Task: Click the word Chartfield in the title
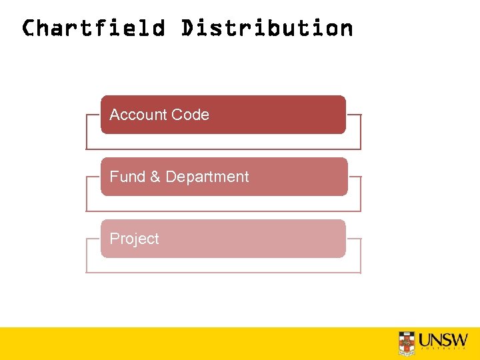click(93, 28)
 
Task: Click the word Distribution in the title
click(267, 28)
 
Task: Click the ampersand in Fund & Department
click(155, 177)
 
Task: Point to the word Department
click(207, 177)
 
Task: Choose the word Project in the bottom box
click(134, 239)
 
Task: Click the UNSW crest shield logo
click(407, 342)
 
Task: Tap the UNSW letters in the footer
click(443, 339)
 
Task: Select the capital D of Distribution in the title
click(187, 28)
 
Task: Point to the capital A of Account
click(115, 115)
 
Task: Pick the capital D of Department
click(171, 177)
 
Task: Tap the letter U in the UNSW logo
click(425, 339)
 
